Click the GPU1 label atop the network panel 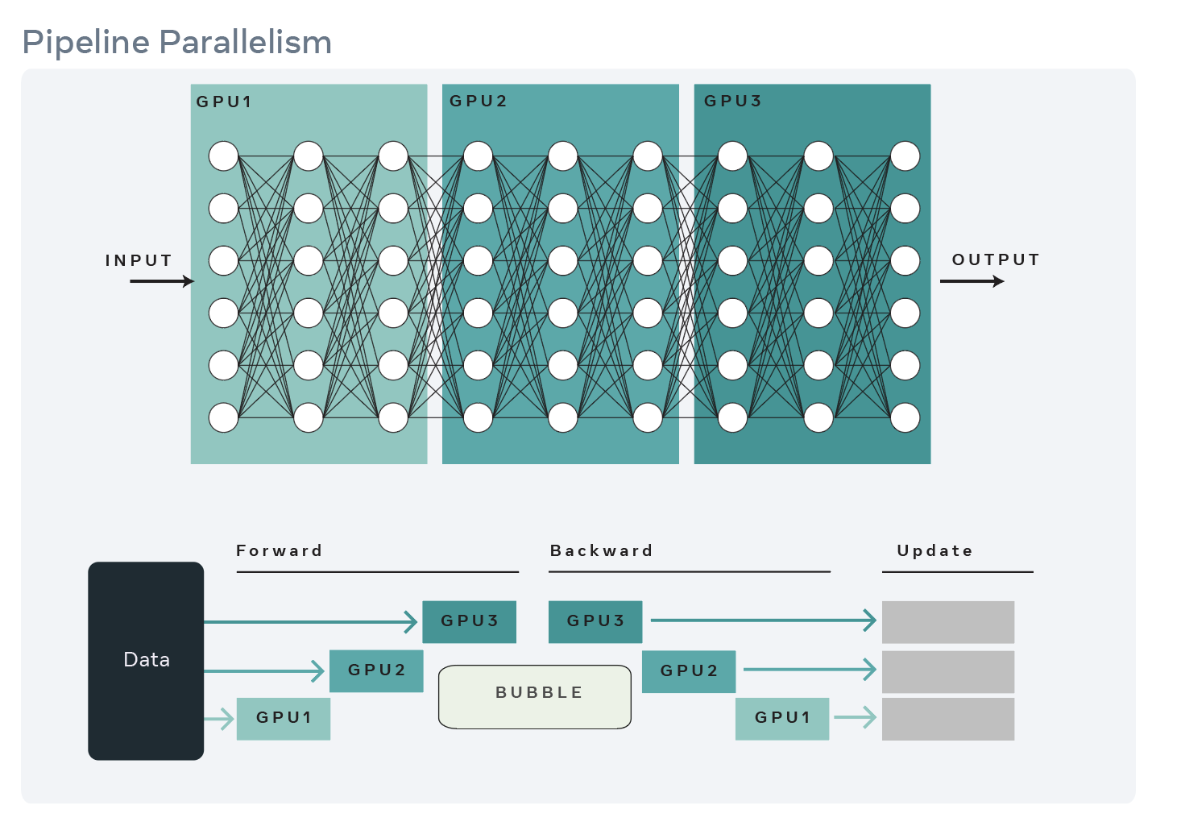click(x=224, y=102)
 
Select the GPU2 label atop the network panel click(x=478, y=102)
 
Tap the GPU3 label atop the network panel click(x=732, y=102)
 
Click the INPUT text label click(x=139, y=260)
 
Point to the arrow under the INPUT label click(x=161, y=281)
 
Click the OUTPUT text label click(x=996, y=259)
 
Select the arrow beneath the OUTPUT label click(x=972, y=281)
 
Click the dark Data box click(x=146, y=660)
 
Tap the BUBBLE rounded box click(x=535, y=696)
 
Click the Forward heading click(x=279, y=550)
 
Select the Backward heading click(x=601, y=550)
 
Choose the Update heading click(x=934, y=550)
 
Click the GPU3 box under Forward click(x=469, y=621)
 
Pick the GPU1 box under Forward click(x=284, y=718)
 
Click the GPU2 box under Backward click(x=689, y=670)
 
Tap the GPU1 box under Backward click(x=782, y=718)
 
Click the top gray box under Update click(x=947, y=621)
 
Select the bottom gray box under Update click(x=947, y=719)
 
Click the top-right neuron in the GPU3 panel click(x=905, y=156)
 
